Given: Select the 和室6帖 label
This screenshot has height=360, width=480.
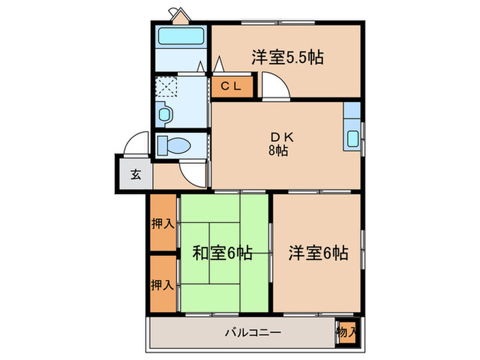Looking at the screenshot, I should [x=221, y=253].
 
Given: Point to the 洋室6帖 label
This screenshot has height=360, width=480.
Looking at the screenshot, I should [x=317, y=253].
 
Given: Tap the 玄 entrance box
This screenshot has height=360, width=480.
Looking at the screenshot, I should [x=135, y=173].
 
